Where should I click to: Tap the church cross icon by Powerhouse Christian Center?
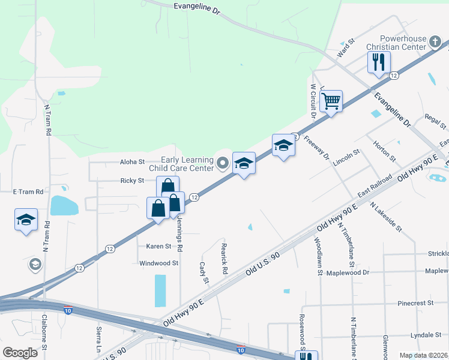coord(436,42)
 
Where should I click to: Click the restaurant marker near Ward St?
coord(379,62)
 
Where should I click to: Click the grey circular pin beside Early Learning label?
coord(223,163)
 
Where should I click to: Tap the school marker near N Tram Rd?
coord(26,220)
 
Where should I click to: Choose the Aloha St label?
coord(133,162)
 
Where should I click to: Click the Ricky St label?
coord(132,181)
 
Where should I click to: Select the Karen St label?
coord(159,246)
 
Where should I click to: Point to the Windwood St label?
coord(159,263)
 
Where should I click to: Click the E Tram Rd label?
coord(29,191)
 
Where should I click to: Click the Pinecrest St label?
coord(415,304)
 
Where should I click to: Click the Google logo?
coord(20,352)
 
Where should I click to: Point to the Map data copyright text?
coord(424,355)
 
